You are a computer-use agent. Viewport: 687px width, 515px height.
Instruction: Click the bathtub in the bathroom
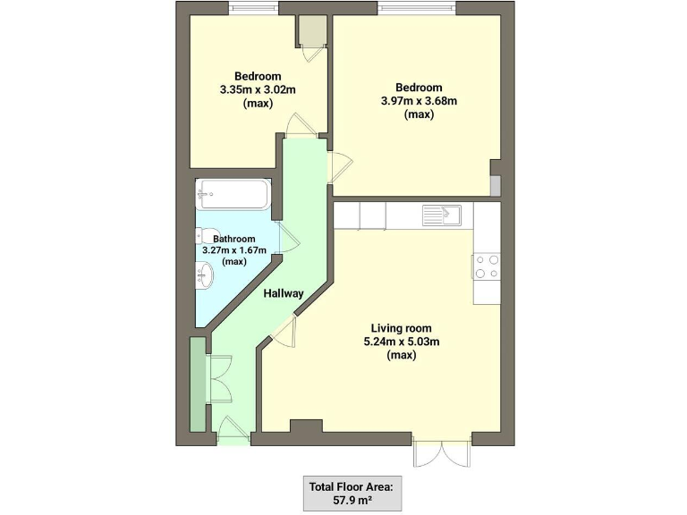[233, 194]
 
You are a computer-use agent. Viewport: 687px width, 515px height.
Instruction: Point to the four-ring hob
[487, 266]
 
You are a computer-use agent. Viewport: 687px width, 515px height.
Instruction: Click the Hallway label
[284, 293]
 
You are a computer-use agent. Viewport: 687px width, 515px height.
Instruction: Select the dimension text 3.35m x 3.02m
[258, 90]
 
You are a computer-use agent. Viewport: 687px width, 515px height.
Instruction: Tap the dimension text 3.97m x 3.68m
[419, 101]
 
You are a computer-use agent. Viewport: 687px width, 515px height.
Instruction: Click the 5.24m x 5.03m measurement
[402, 342]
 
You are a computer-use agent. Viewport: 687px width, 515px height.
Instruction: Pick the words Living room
[402, 327]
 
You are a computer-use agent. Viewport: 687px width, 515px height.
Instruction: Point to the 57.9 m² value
[352, 499]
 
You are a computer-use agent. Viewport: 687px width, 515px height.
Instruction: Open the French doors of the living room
[442, 452]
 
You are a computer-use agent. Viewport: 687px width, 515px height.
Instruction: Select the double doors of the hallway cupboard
[220, 380]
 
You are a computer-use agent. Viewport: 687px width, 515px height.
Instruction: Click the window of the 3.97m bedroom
[417, 8]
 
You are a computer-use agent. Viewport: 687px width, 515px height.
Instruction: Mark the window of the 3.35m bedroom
[253, 8]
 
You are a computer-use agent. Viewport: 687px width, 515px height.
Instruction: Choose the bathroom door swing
[288, 240]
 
